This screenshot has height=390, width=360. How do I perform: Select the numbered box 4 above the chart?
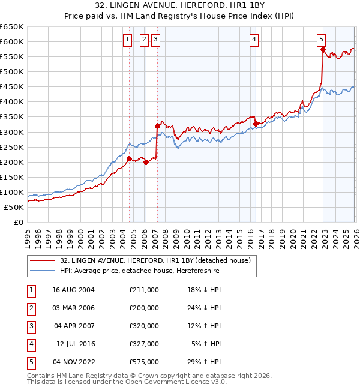254,40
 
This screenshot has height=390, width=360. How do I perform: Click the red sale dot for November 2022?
323,50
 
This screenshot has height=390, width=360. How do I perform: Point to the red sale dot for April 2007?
157,126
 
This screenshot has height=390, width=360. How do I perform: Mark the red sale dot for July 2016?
256,124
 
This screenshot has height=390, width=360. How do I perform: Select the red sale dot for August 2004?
129,158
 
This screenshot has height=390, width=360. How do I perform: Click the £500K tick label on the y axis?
12,71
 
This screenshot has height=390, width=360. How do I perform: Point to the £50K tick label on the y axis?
14,207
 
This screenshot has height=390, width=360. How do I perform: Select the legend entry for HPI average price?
139,271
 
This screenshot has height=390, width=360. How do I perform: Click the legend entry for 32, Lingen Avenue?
158,260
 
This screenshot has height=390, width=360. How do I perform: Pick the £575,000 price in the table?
144,362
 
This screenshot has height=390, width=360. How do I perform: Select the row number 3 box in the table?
30,326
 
